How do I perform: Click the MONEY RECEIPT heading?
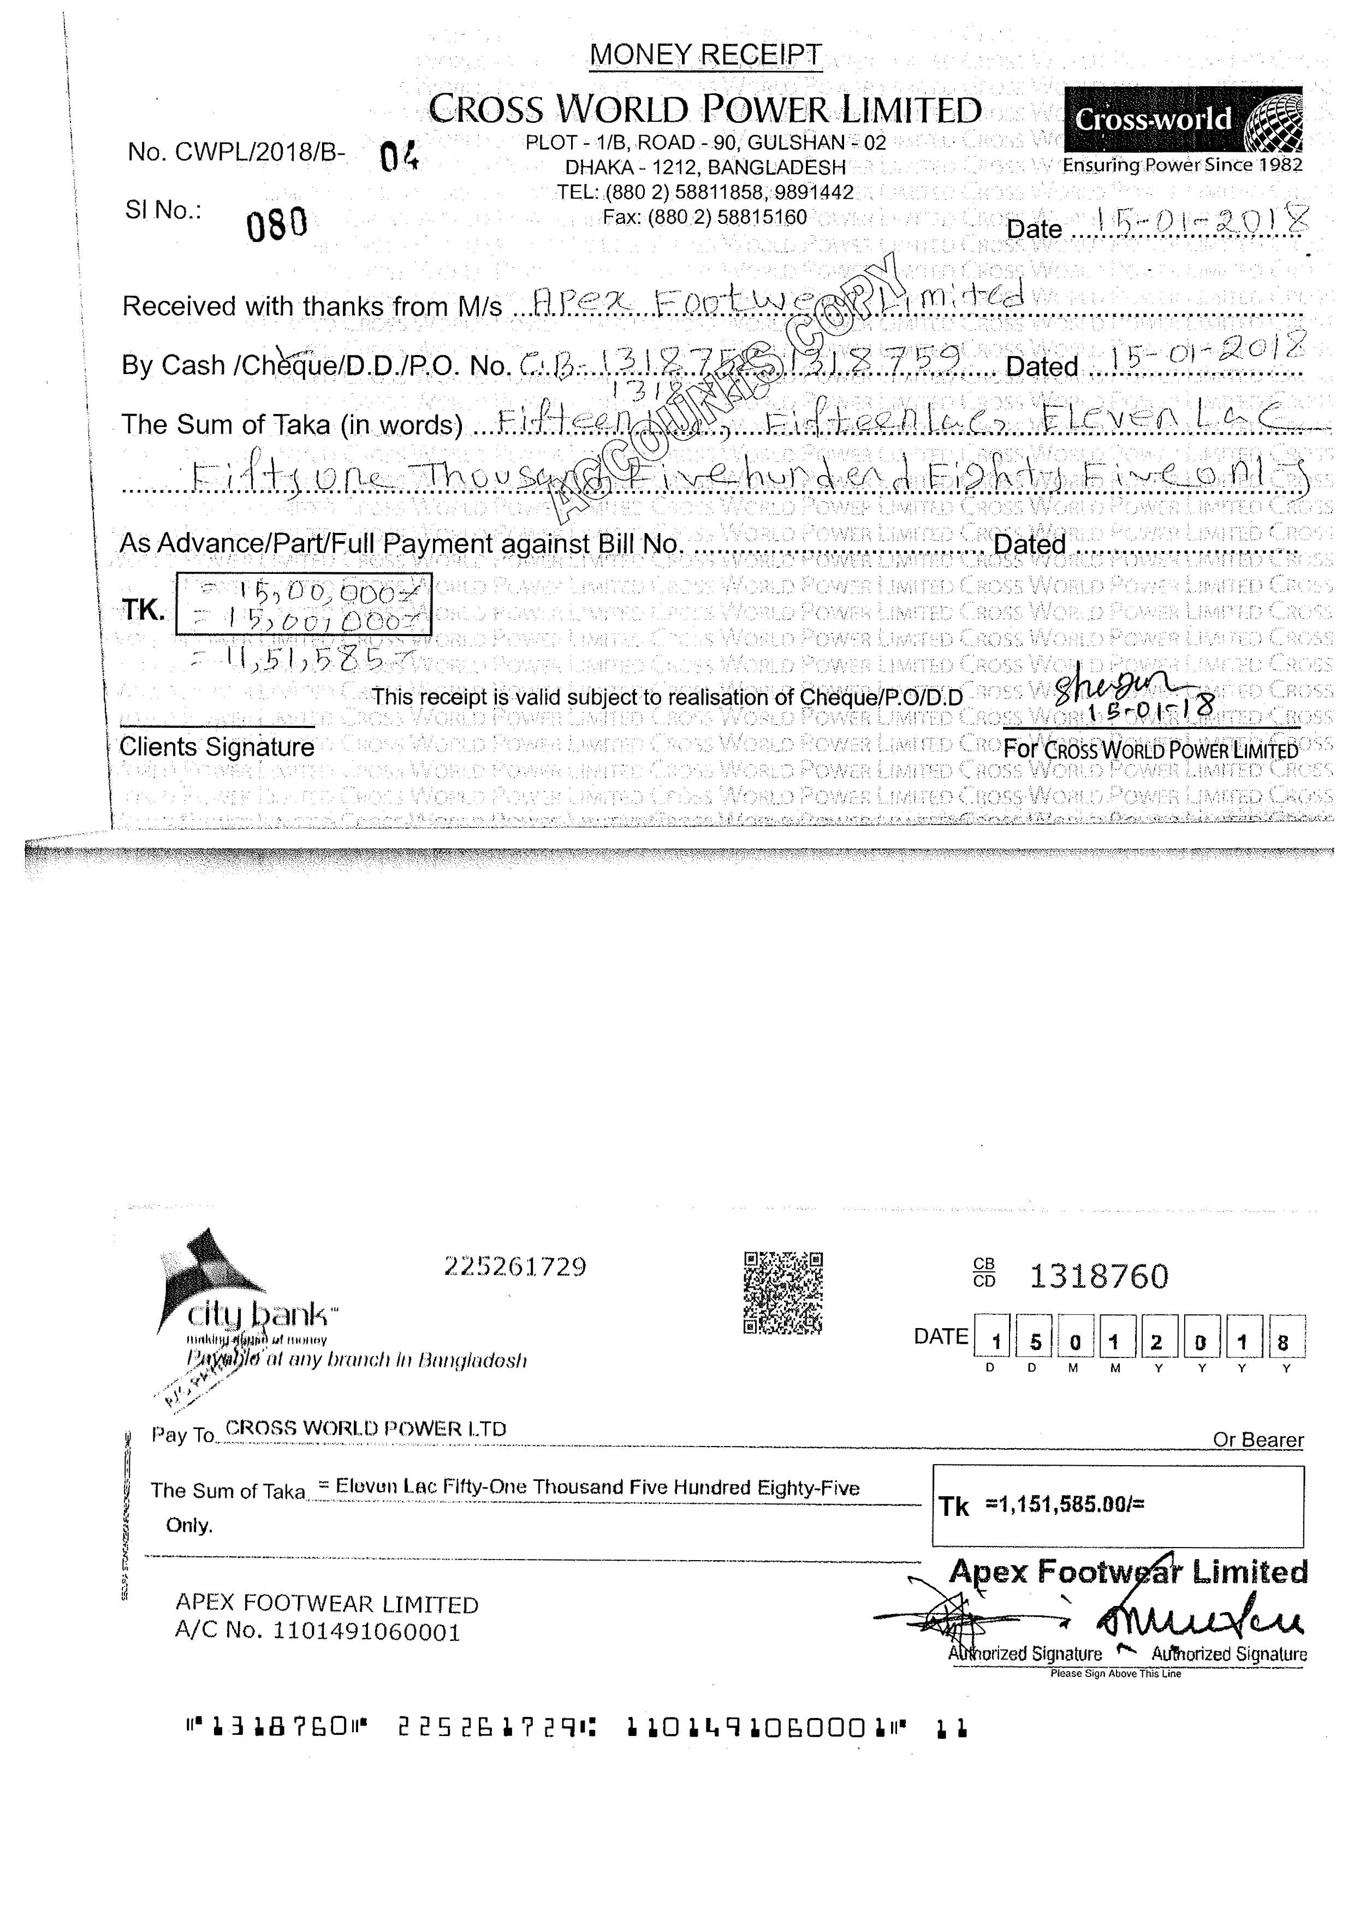[x=705, y=55]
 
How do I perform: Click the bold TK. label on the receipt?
[x=144, y=610]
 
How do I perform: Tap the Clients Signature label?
[x=217, y=747]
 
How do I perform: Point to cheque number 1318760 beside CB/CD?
[x=1098, y=1276]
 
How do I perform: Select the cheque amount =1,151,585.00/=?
[x=1065, y=1504]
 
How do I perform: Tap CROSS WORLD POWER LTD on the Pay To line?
[x=366, y=1428]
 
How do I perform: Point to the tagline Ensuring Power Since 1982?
[x=1182, y=165]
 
